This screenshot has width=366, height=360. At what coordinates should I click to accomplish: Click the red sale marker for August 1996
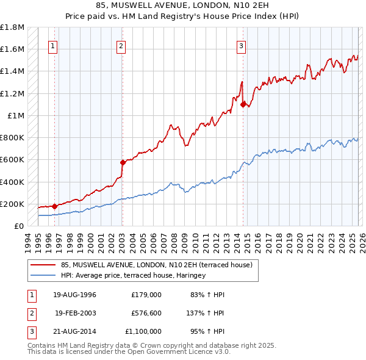54,206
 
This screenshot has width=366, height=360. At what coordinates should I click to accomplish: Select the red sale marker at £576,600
123,162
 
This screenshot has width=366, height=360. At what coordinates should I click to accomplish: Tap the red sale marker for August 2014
243,104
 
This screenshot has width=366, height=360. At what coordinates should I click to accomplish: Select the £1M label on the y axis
16,115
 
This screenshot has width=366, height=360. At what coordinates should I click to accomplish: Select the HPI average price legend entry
134,275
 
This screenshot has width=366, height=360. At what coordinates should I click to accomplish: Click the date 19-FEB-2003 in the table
76,313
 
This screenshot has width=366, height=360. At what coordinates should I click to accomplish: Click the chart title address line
182,5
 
